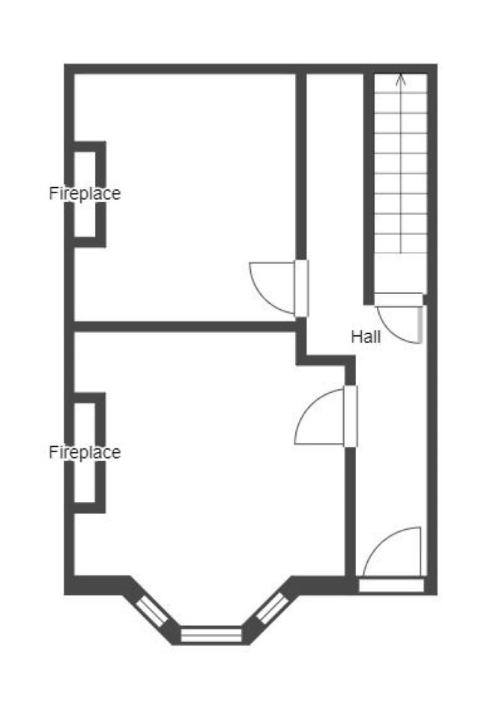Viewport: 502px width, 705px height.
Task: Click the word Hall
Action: coord(366,336)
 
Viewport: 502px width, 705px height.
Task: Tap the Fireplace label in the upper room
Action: coord(85,193)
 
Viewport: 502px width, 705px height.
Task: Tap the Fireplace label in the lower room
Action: coord(85,452)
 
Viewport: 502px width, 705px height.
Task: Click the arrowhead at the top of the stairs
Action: coord(400,79)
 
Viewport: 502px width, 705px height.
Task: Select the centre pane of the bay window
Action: coord(211,635)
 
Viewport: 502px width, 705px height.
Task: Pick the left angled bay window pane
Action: coord(152,610)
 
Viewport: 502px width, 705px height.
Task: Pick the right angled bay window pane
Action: coord(272,608)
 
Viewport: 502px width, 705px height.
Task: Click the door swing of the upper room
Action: coord(272,287)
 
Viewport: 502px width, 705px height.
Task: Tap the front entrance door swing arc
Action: coord(392,552)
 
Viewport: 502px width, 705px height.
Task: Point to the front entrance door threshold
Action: coord(391,585)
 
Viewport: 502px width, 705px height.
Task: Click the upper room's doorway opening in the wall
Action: coord(302,288)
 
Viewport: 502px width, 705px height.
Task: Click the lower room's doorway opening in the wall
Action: coord(351,416)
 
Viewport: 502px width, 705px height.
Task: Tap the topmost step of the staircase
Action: coord(400,83)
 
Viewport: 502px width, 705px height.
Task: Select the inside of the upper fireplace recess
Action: coord(85,195)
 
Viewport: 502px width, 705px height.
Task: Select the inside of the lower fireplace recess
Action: coord(85,452)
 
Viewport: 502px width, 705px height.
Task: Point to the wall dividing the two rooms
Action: coord(184,326)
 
